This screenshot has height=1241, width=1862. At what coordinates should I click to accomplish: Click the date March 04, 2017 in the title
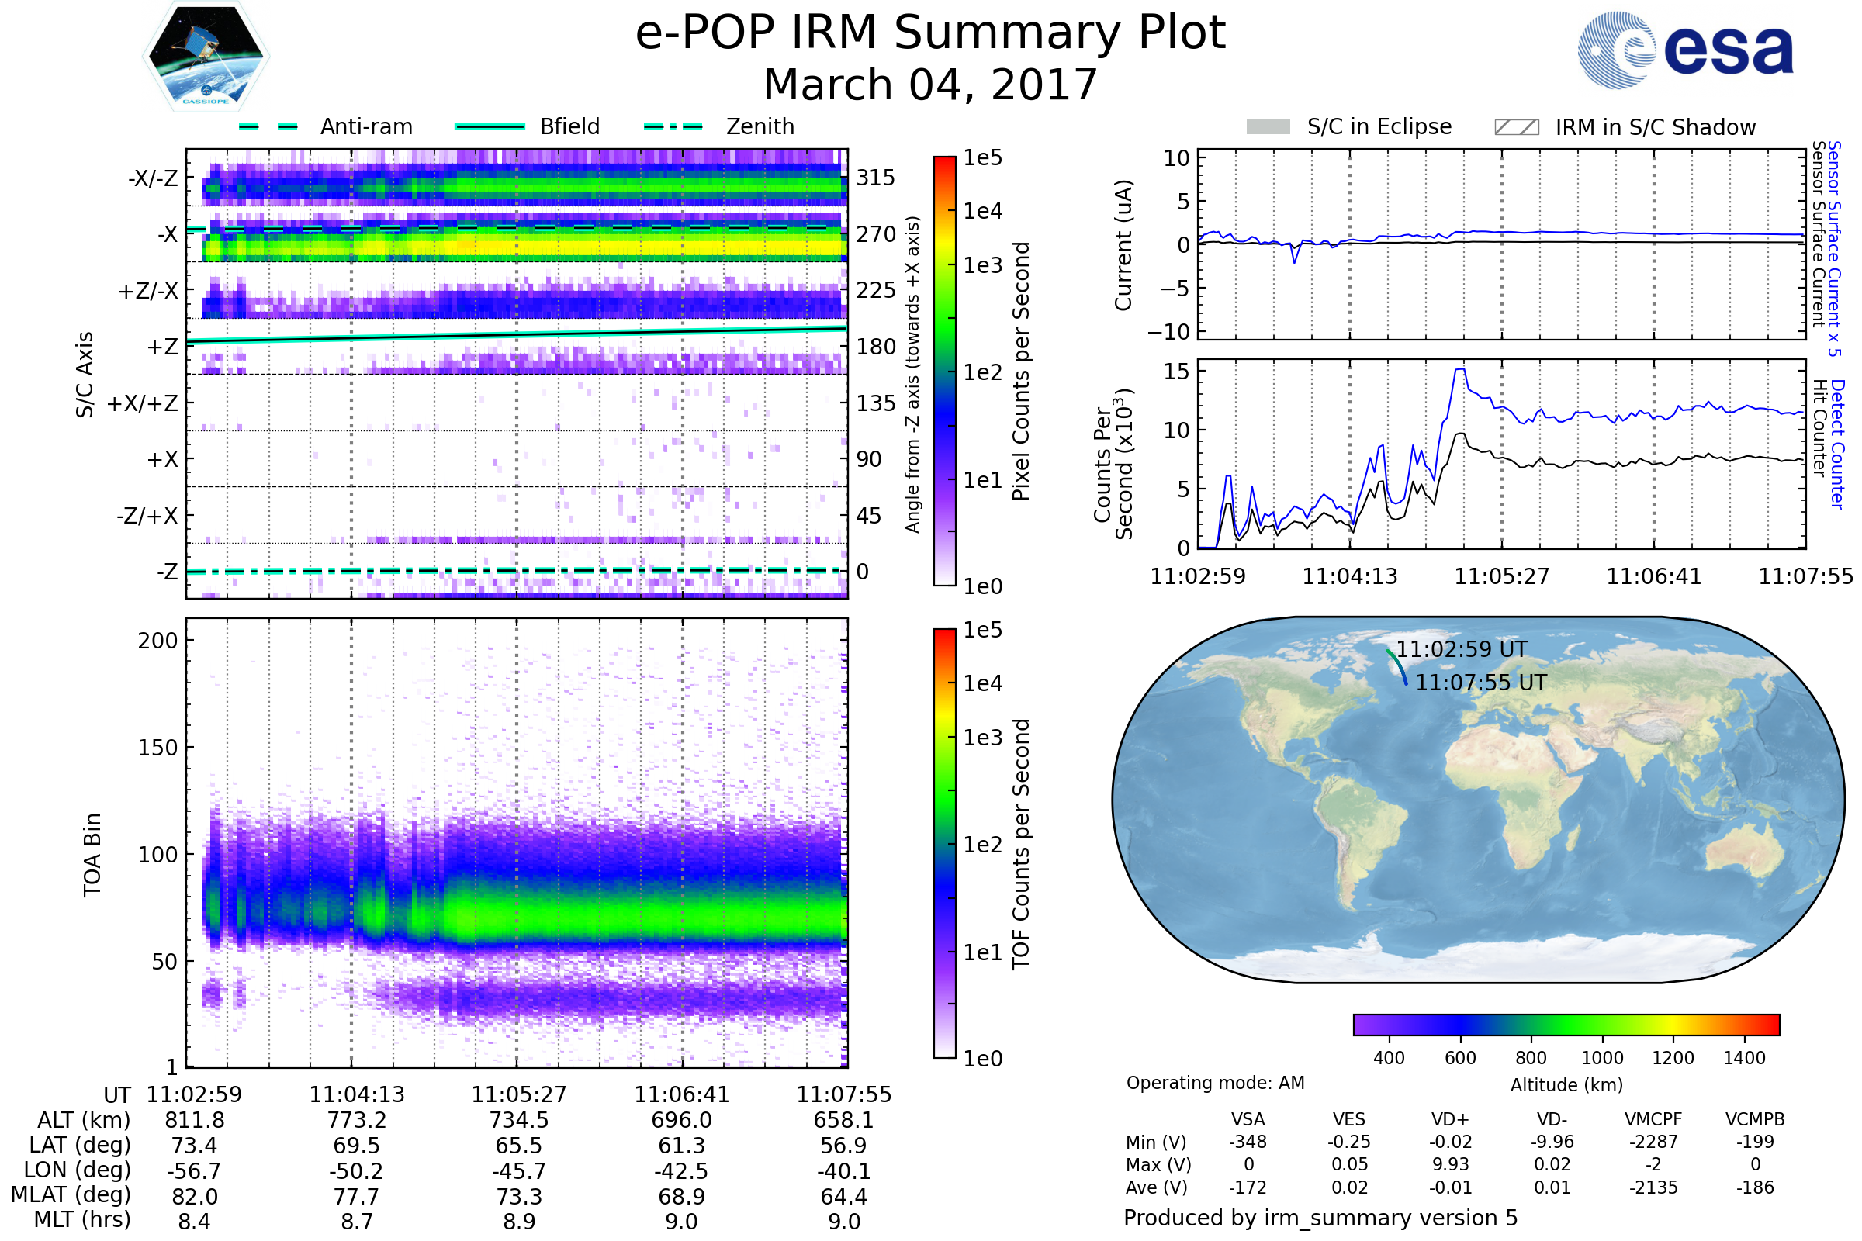click(930, 85)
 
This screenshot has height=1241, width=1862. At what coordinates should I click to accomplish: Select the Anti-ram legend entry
click(365, 126)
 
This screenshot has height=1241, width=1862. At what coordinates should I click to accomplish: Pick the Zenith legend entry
click(760, 126)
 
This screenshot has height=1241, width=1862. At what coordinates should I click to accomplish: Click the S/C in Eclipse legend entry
click(1379, 126)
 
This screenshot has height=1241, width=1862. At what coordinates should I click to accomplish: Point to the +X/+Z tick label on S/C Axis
click(143, 403)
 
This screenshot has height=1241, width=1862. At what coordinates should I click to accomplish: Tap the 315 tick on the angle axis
click(875, 178)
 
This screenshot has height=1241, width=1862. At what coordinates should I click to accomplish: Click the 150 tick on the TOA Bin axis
click(157, 748)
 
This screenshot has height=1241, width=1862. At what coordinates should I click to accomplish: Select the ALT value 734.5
click(518, 1121)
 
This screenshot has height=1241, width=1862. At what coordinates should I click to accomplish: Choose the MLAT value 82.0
click(194, 1197)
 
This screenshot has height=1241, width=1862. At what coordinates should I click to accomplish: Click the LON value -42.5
click(681, 1171)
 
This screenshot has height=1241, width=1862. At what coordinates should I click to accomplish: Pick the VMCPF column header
click(1653, 1120)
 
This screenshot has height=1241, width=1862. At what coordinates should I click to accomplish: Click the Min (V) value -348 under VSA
click(1248, 1142)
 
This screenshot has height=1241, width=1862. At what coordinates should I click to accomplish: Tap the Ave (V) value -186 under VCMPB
click(1755, 1187)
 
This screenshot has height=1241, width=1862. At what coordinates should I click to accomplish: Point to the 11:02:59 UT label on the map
click(1461, 650)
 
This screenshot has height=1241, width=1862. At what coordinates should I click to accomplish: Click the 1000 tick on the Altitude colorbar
click(1601, 1058)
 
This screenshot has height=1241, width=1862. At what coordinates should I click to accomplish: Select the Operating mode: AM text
click(1215, 1083)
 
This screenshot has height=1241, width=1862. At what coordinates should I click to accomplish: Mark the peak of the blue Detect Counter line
click(1459, 370)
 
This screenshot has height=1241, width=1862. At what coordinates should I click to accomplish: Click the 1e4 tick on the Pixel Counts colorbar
click(982, 211)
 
